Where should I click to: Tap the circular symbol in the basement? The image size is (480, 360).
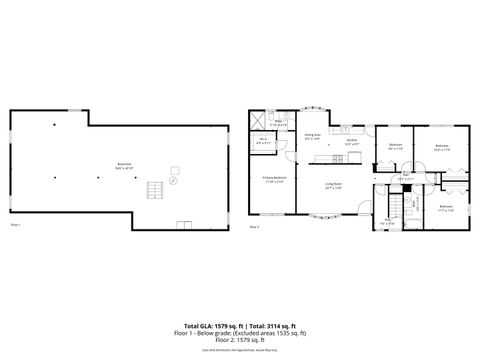point(173,182)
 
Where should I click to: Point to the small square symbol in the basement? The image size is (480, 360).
point(174,169)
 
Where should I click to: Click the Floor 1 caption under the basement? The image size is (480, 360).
point(15,226)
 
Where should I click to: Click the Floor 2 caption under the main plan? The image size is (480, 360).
point(255,227)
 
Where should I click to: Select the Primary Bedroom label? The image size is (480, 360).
point(274,180)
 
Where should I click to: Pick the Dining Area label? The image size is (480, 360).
point(311,136)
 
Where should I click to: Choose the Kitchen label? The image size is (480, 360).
point(351,142)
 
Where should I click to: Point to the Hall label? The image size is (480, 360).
point(406,175)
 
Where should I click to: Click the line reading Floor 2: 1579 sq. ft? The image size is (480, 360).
point(240,339)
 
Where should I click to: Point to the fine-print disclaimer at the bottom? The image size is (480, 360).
point(240,350)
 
